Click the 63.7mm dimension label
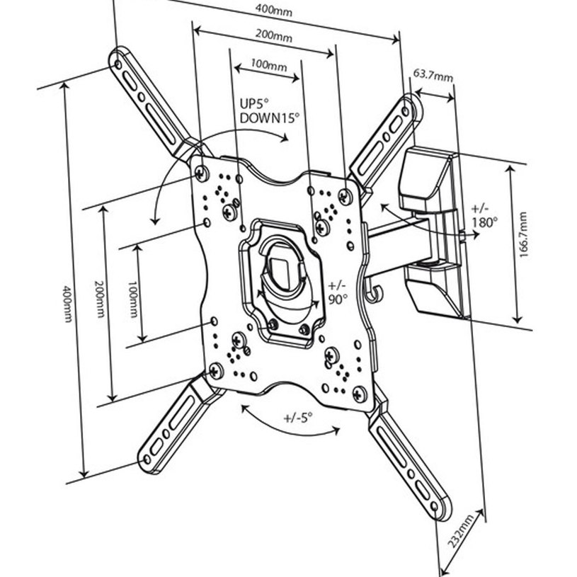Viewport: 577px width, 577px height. click(433, 74)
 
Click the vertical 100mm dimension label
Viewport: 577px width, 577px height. click(132, 290)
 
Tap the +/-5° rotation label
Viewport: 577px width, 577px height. click(298, 417)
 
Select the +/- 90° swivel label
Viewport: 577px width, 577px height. click(338, 292)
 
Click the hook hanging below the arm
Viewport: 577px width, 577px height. click(375, 290)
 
